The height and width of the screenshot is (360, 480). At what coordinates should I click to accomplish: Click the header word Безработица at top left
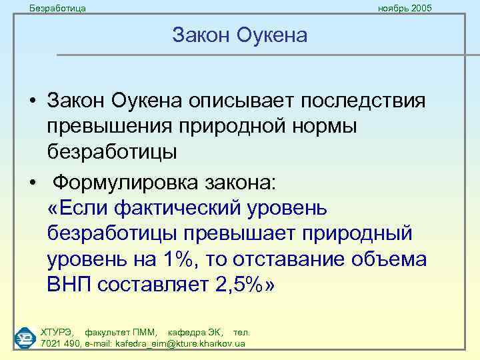point(59,8)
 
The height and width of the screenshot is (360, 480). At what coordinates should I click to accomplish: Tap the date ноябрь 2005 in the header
point(405,8)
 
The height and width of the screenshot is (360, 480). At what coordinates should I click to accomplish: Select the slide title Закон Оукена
point(239,35)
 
